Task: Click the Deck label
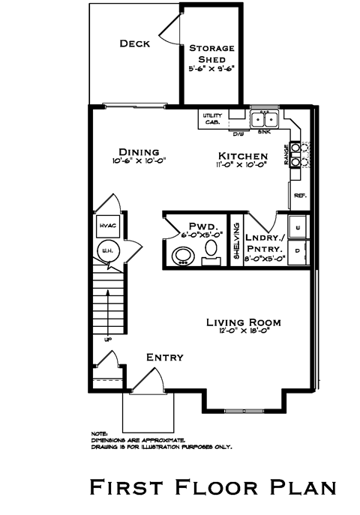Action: point(135,43)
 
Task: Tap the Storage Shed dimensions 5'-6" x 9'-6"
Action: point(211,67)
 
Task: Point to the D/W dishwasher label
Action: point(238,133)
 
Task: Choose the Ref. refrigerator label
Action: point(300,195)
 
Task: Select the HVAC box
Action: point(104,226)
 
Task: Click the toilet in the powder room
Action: point(212,250)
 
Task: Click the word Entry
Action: point(164,358)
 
